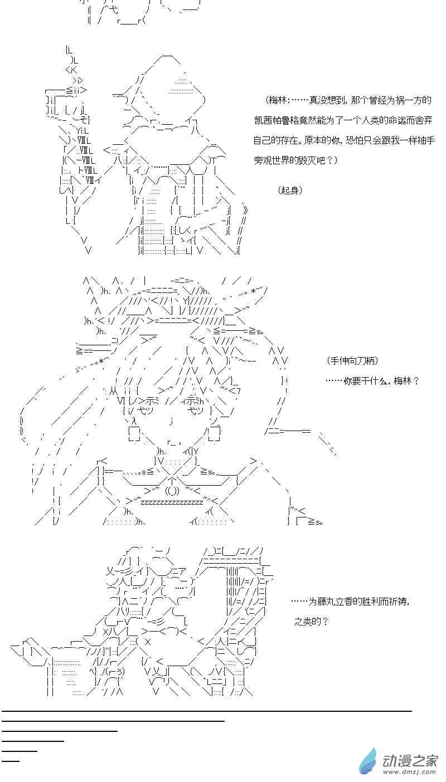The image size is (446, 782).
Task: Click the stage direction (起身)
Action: coord(290,190)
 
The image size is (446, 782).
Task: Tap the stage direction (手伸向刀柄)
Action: coord(353,361)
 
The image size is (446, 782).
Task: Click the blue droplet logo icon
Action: coord(368,761)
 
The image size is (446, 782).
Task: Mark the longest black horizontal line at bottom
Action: coord(206,711)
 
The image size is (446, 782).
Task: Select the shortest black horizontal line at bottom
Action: coord(11,760)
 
